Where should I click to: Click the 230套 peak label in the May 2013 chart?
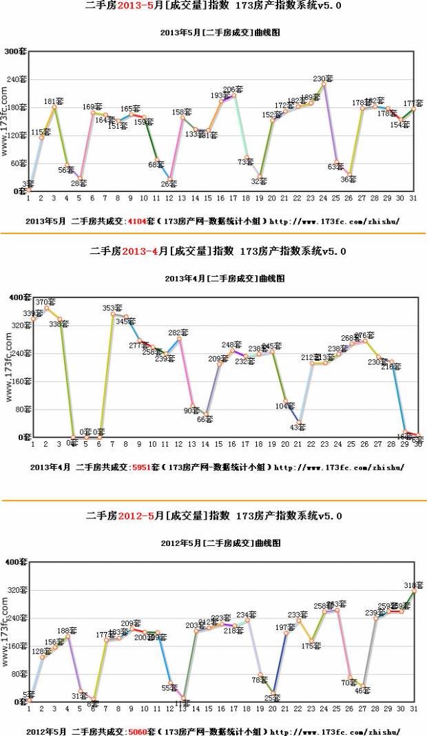[x=323, y=79]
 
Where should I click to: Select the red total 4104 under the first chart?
[x=139, y=222]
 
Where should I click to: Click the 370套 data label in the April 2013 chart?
[x=45, y=302]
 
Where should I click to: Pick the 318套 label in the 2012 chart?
[x=413, y=585]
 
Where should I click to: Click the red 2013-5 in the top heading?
[x=136, y=6]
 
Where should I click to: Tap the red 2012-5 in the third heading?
[x=136, y=516]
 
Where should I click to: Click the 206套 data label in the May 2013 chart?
[x=233, y=90]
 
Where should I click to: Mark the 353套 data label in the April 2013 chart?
[x=112, y=308]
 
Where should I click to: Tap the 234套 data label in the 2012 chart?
[x=247, y=615]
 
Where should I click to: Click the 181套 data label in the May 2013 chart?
[x=54, y=102]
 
